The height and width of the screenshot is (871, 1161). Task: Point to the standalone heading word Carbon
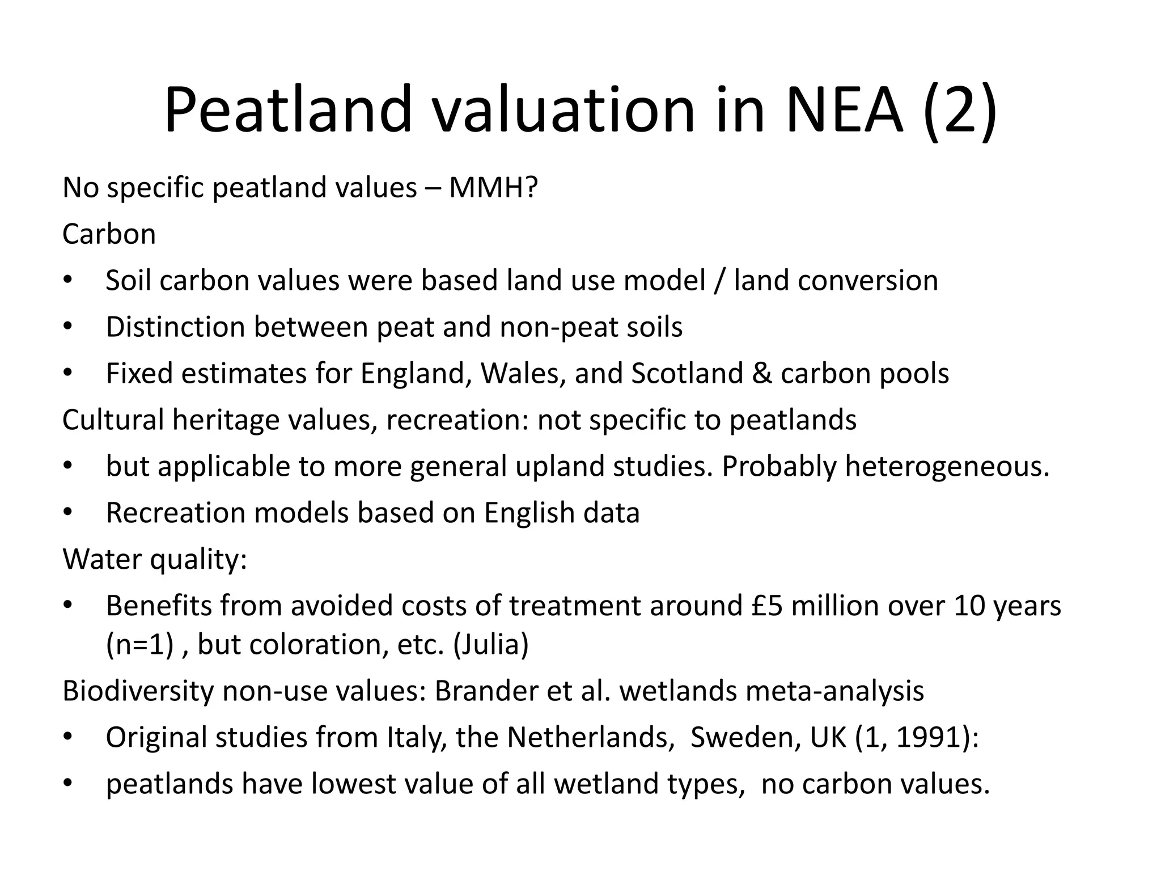coord(109,234)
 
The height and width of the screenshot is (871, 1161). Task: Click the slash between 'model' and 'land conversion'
coord(719,280)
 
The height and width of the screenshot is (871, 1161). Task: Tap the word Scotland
coord(687,373)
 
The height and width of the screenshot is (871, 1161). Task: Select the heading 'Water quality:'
coord(155,559)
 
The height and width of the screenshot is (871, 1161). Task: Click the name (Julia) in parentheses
coord(491,644)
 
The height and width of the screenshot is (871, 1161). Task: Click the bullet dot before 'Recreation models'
coord(68,513)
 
